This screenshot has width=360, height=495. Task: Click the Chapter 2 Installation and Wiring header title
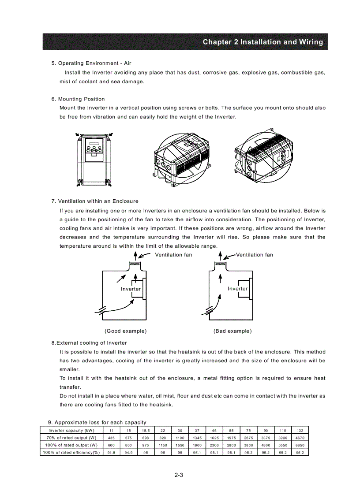pyautogui.click(x=262, y=42)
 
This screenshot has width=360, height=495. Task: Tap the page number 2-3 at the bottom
pyautogui.click(x=179, y=475)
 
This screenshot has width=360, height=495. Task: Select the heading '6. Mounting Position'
pyautogui.click(x=78, y=99)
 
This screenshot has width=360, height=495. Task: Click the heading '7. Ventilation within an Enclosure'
pyautogui.click(x=95, y=201)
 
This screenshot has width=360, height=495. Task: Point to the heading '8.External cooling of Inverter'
pyautogui.click(x=89, y=343)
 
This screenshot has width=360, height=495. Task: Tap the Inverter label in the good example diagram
pyautogui.click(x=131, y=289)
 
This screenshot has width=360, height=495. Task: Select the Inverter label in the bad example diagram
pyautogui.click(x=238, y=289)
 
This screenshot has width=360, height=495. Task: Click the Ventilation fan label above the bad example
pyautogui.click(x=255, y=255)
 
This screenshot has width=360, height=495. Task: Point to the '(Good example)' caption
pyautogui.click(x=126, y=331)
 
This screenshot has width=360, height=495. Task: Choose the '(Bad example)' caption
pyautogui.click(x=232, y=331)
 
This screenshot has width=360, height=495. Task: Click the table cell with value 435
pyautogui.click(x=111, y=438)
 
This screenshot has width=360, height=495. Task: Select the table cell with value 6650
pyautogui.click(x=300, y=445)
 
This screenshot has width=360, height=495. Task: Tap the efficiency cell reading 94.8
pyautogui.click(x=111, y=452)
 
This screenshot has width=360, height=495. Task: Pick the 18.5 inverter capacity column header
pyautogui.click(x=146, y=430)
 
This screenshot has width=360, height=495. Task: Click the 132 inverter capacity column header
pyautogui.click(x=300, y=430)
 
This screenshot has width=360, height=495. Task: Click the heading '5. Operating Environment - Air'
pyautogui.click(x=91, y=63)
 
